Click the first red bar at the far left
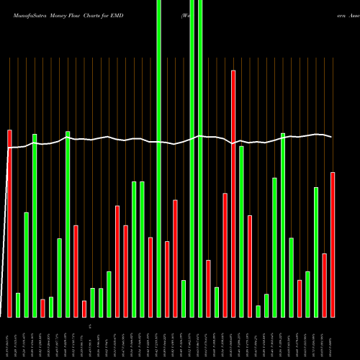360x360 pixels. click(9, 223)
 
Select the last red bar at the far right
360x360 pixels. click(333, 245)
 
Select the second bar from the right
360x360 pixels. click(325, 285)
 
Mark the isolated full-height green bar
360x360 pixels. click(159, 158)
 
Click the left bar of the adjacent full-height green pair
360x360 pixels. click(192, 158)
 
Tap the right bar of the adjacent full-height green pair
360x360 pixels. click(200, 158)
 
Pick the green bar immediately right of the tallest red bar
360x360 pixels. click(242, 231)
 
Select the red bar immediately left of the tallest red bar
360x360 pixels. click(225, 255)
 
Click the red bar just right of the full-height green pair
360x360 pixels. click(209, 288)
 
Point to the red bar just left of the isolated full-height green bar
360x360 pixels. click(150, 277)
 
